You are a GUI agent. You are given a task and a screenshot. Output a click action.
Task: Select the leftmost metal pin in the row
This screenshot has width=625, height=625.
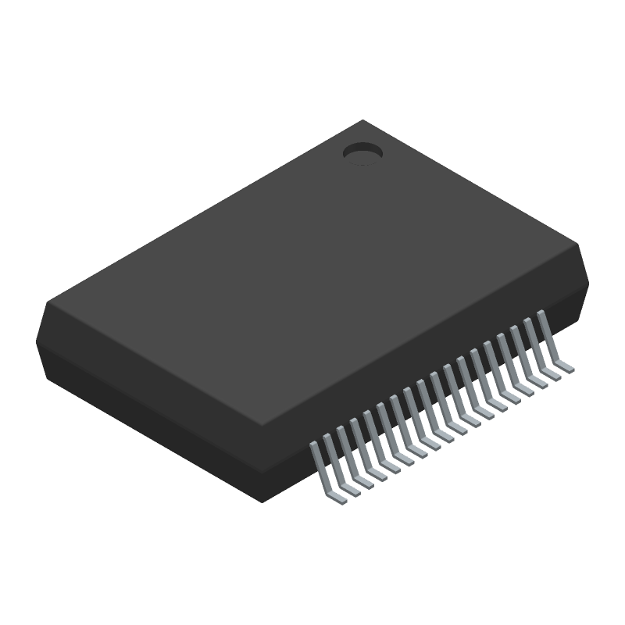pyautogui.click(x=319, y=465)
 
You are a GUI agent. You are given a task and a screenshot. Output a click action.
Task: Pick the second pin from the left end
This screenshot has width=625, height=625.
pyautogui.click(x=332, y=457)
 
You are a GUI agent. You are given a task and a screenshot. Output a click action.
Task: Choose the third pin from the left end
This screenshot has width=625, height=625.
pyautogui.click(x=345, y=449)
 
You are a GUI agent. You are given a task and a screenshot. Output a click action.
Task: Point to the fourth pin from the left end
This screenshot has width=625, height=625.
pyautogui.click(x=359, y=441)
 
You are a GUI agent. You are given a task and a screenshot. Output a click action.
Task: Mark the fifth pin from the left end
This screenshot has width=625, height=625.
pyautogui.click(x=372, y=434)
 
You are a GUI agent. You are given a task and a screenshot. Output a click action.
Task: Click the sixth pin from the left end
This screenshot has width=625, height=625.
pyautogui.click(x=385, y=427)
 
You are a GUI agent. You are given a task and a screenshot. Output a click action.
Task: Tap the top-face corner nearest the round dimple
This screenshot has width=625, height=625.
pyautogui.click(x=363, y=120)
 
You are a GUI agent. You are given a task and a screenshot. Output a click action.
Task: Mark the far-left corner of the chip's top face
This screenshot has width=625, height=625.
pyautogui.click(x=48, y=301)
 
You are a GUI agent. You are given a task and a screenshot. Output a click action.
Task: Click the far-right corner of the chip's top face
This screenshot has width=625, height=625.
pyautogui.click(x=579, y=245)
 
